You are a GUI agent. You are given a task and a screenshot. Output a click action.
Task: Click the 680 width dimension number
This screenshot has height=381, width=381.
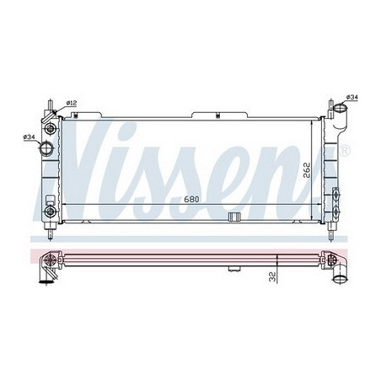coord(191,199)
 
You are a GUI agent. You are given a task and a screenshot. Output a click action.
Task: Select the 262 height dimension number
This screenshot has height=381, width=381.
coord(307,169)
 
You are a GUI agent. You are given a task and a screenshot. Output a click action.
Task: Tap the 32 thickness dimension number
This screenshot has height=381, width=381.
coord(271,277)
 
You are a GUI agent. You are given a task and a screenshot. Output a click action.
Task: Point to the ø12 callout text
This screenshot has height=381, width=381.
coord(72,103)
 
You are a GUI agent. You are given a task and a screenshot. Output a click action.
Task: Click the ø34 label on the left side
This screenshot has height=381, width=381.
coord(29,137)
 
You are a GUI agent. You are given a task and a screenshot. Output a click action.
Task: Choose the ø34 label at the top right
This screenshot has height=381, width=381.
coord(352,97)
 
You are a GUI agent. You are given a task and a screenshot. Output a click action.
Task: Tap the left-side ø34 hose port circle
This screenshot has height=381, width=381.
coord(46,148)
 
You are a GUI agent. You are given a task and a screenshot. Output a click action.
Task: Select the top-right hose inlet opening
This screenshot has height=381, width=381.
coord(340,107)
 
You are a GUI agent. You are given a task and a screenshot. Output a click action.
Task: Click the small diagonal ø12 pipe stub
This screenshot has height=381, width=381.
coord(49,115)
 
